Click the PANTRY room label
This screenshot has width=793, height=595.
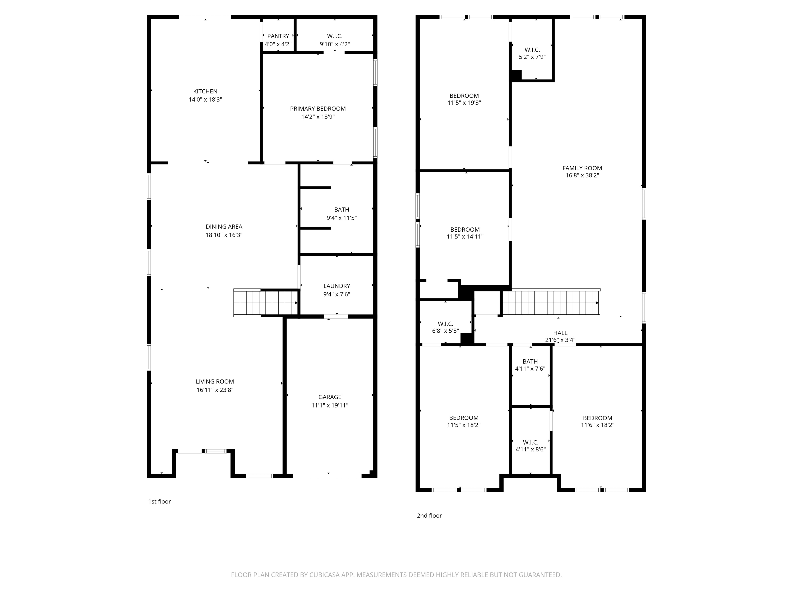tap(278, 36)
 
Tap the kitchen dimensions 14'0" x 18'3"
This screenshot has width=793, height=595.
tap(205, 100)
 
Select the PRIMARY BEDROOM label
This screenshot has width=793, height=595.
tap(318, 109)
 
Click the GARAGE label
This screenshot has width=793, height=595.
tap(329, 397)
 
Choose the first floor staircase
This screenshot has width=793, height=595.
tap(265, 303)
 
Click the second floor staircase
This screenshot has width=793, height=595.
tap(550, 303)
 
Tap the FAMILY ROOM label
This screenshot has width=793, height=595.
tap(582, 168)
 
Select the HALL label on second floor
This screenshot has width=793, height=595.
tap(560, 333)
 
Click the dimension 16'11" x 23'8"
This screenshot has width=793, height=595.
tap(215, 390)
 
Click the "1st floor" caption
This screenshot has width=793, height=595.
tap(160, 501)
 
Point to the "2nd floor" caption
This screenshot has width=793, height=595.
tap(429, 515)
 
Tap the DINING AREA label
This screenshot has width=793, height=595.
tap(224, 227)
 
